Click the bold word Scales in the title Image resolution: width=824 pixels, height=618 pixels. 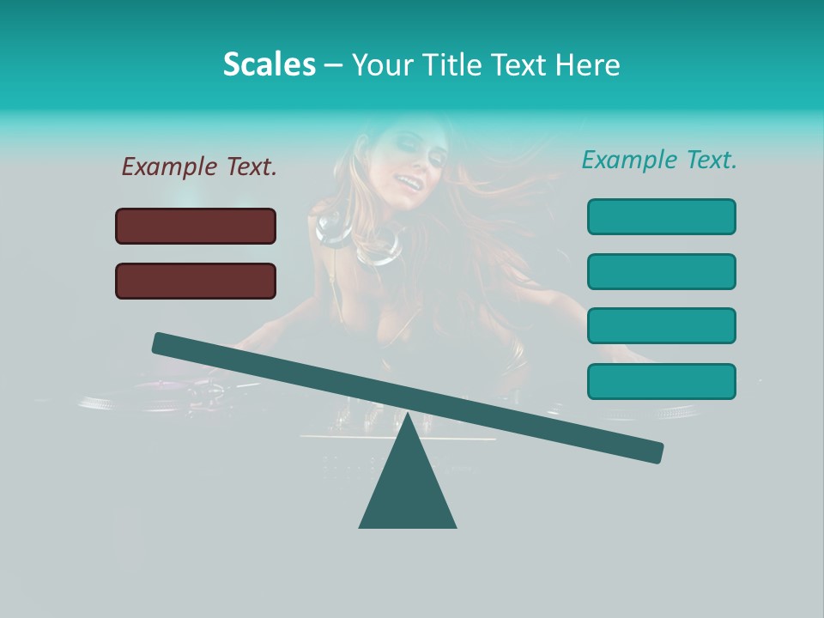tap(269, 65)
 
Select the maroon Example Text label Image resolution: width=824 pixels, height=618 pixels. tap(199, 167)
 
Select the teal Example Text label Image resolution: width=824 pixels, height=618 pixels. tap(659, 160)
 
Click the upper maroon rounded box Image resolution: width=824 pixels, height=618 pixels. tap(196, 226)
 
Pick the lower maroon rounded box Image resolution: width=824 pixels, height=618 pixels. tap(196, 281)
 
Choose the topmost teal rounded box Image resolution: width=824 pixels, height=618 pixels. tap(661, 216)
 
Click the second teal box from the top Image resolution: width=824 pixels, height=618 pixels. tap(661, 271)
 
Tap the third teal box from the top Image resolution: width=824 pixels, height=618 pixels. tap(661, 325)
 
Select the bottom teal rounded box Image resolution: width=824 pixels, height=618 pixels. tap(661, 381)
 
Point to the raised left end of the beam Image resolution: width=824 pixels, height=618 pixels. tap(163, 343)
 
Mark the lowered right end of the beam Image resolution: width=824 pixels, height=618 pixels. tap(652, 451)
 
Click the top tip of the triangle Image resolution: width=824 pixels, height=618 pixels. tap(408, 415)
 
